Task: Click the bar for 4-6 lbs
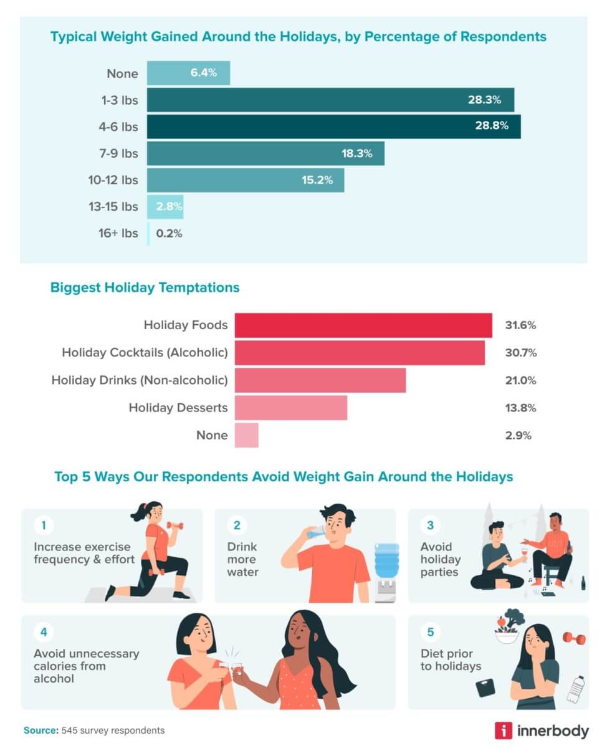(x=333, y=127)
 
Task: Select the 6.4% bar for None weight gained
(x=188, y=73)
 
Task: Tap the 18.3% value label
(x=356, y=153)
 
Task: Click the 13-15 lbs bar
(x=165, y=207)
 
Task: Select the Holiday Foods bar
(x=363, y=325)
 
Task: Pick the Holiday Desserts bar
(x=290, y=408)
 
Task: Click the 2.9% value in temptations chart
(x=519, y=435)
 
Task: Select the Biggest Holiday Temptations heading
(x=145, y=288)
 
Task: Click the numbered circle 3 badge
(x=429, y=525)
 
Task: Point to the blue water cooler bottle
(x=386, y=560)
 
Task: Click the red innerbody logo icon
(x=504, y=730)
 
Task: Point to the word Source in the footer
(x=40, y=730)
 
